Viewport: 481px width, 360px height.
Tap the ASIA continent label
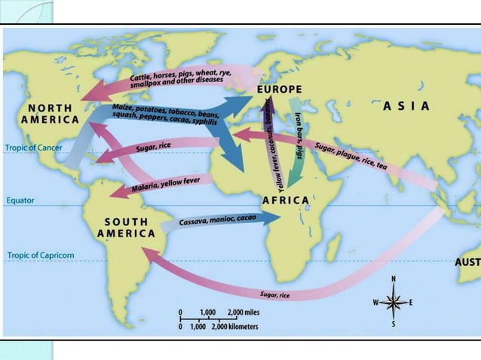tap(407, 105)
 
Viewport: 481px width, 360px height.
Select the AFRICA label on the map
tap(285, 200)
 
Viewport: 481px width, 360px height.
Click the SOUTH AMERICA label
tap(126, 227)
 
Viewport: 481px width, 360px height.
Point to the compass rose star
tap(394, 302)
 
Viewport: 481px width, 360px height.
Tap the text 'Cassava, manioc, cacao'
tap(217, 221)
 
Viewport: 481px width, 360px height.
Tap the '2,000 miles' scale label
tap(244, 312)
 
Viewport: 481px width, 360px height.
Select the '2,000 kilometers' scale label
tap(231, 327)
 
